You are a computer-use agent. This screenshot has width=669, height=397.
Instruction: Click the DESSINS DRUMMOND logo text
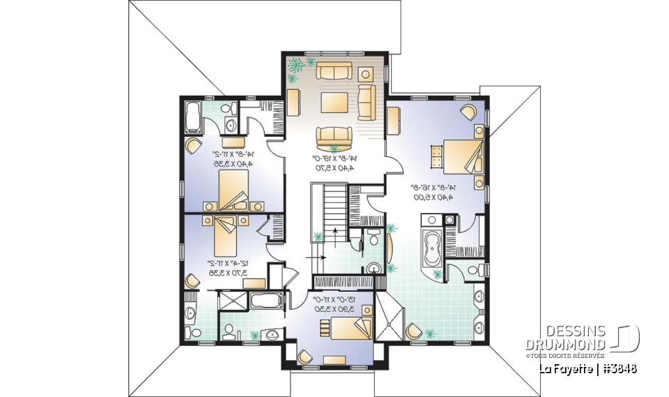[576, 338]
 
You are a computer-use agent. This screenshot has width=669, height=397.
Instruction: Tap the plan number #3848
[619, 368]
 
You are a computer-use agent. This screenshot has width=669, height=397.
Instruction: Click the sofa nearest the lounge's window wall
[335, 71]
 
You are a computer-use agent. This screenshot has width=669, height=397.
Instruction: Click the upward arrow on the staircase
[335, 234]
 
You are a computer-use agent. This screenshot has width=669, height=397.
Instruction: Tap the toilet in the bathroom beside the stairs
[375, 239]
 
